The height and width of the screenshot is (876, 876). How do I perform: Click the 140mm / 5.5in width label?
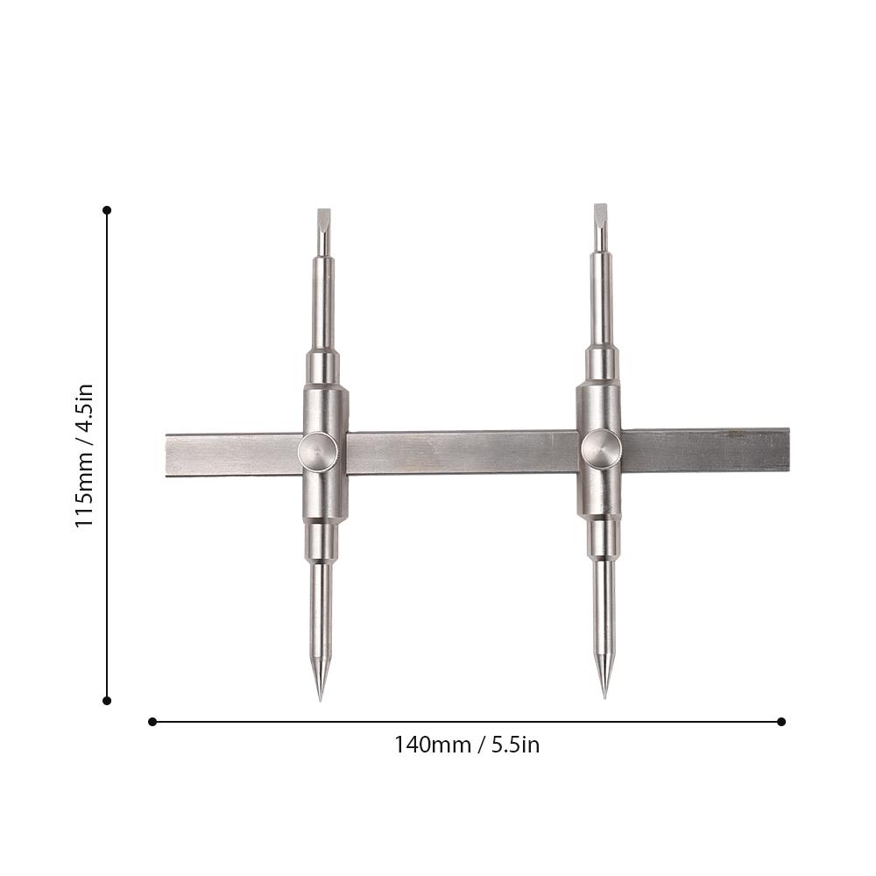coord(466,745)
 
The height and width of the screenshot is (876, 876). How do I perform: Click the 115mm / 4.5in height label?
coord(84,455)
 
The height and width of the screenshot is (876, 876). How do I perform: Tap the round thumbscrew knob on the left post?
coord(317,452)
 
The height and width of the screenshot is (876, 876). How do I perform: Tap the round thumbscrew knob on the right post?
coord(601,449)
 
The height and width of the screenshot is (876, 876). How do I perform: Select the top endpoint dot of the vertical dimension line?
coord(107,210)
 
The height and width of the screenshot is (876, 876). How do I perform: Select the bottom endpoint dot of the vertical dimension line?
coord(107,700)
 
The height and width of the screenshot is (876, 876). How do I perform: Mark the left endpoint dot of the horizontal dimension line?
coord(152,722)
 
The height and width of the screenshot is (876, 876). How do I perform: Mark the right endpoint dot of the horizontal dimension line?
coord(781,722)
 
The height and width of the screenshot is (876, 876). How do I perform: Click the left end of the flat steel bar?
coord(172,455)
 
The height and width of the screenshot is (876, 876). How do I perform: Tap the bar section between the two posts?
coord(460,452)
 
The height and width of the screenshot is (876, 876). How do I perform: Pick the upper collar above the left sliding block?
coord(322,366)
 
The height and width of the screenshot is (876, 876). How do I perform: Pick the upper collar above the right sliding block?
coord(601,363)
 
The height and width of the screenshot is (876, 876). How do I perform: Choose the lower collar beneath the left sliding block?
coord(321,541)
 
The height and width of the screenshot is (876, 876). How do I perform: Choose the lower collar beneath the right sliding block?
coord(603,538)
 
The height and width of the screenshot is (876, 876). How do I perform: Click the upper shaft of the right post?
coord(601,298)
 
